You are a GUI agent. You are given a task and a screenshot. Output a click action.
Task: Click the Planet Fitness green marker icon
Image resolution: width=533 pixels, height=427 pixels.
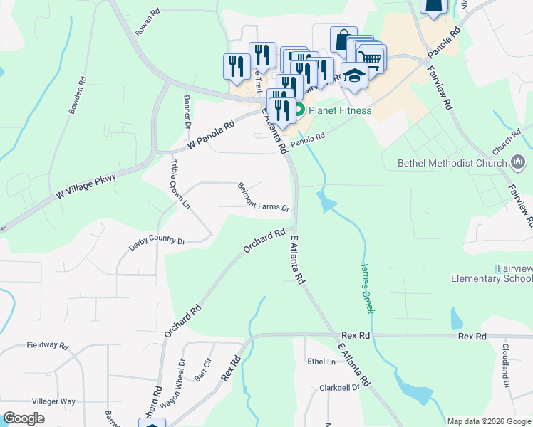click(300, 110)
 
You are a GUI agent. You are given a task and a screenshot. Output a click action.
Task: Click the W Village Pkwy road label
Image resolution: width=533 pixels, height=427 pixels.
click(85, 184)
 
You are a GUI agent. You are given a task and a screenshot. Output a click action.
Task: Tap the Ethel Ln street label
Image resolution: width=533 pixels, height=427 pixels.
click(321, 362)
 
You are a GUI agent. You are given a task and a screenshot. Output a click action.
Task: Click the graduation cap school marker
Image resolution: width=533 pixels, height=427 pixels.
click(353, 75)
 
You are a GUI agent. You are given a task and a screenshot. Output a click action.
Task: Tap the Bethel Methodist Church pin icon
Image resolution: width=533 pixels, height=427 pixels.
click(518, 163)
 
